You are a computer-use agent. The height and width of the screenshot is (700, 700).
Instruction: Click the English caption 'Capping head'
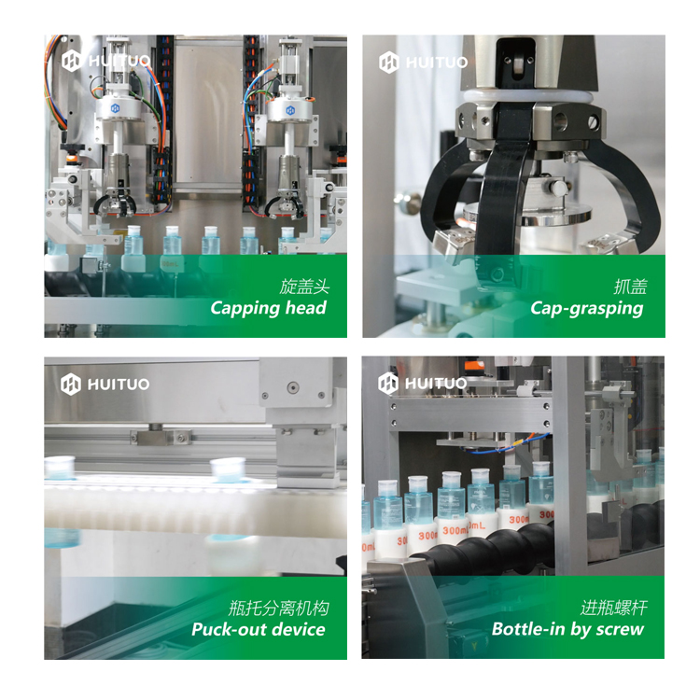click(268, 309)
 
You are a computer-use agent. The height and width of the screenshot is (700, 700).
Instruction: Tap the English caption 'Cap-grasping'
click(587, 309)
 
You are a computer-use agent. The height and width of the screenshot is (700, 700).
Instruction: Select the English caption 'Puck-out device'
click(259, 629)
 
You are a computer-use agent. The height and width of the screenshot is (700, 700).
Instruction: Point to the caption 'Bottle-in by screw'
click(567, 629)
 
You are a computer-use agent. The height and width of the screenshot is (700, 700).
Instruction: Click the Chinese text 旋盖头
click(304, 287)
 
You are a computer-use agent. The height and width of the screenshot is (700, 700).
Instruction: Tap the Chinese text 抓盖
click(630, 287)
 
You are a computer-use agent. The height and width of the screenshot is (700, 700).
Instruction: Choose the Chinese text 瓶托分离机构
click(279, 608)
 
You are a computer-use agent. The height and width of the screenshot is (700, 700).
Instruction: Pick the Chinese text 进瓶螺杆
click(614, 608)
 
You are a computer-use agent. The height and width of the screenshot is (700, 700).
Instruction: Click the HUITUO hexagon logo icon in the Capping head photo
click(72, 61)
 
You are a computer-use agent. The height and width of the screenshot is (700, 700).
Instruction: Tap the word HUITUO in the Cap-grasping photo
click(437, 63)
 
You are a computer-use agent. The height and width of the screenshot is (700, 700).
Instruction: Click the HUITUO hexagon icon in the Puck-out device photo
click(71, 384)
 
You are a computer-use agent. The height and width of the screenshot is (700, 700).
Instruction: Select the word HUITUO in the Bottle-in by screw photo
click(436, 383)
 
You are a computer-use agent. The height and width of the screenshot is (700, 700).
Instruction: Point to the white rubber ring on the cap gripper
click(528, 96)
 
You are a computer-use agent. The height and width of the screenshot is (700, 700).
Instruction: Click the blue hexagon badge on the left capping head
click(115, 108)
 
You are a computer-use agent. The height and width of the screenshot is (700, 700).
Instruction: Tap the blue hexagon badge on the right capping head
click(290, 110)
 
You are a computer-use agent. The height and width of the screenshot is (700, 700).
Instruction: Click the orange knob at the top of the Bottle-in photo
click(474, 367)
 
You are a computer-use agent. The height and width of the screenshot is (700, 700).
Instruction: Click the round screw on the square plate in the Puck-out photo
click(293, 387)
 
